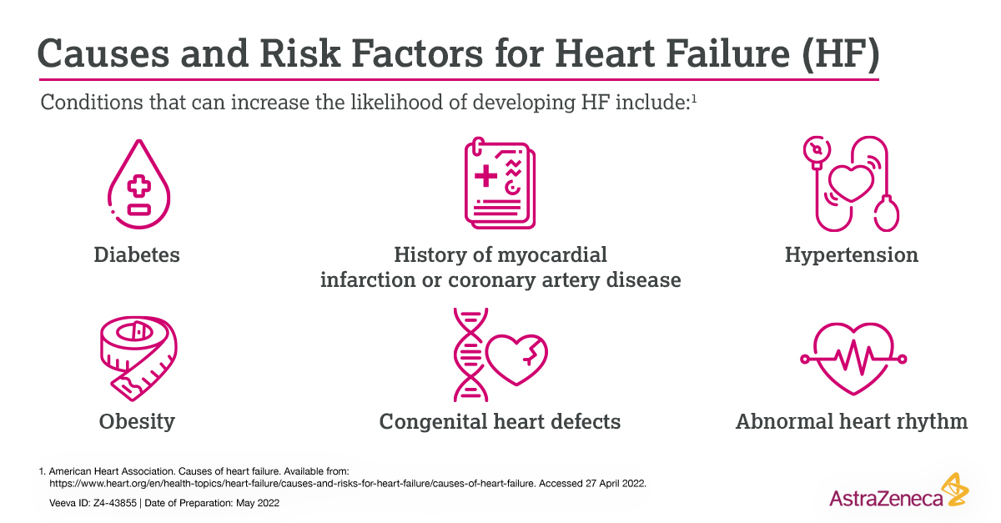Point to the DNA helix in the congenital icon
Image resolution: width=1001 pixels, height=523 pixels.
468,355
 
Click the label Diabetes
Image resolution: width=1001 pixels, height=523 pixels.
136,254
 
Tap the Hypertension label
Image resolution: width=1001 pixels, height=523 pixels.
851,254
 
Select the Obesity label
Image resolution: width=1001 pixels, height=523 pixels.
137,421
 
